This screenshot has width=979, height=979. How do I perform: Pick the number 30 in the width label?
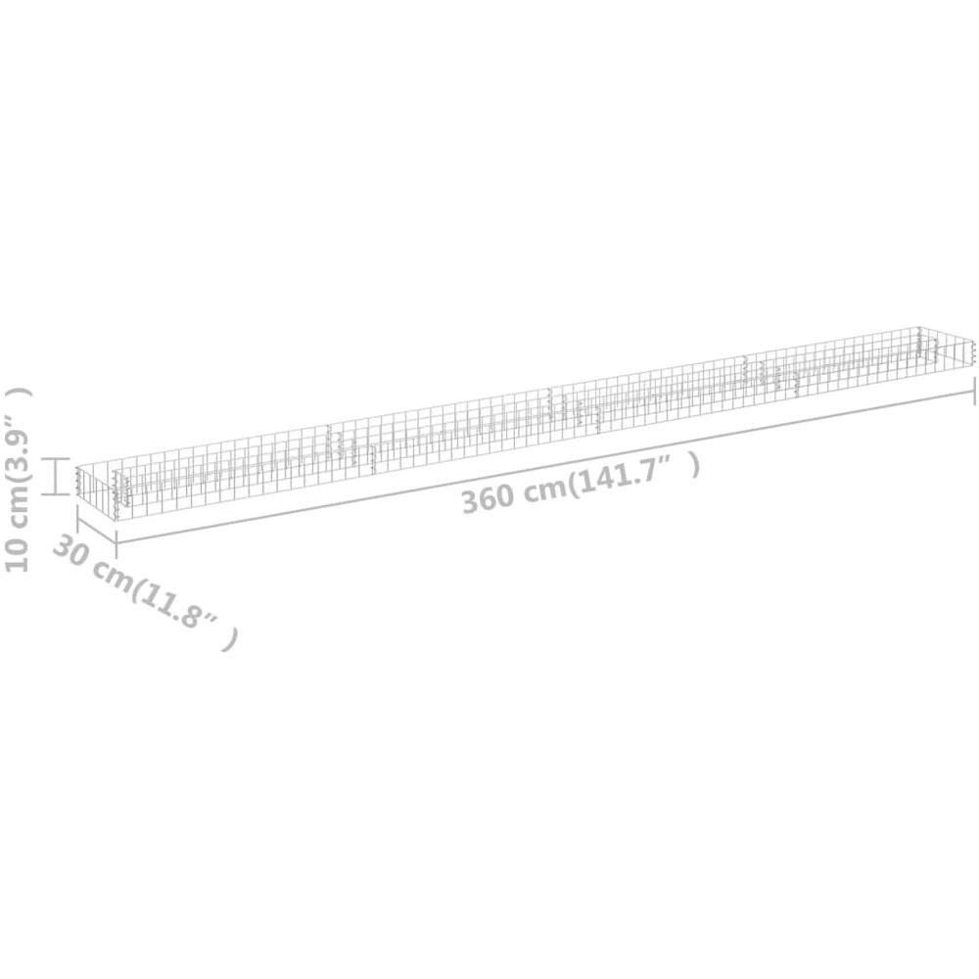click(70, 550)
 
